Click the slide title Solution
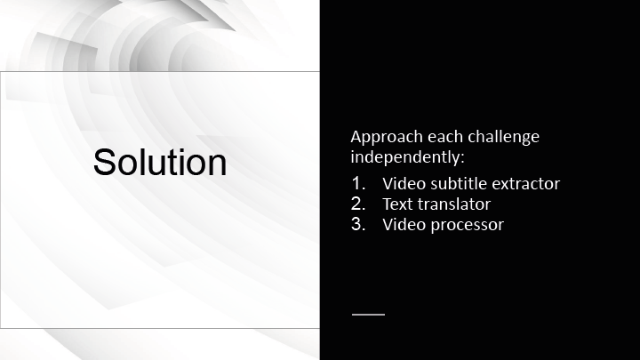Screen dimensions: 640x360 coord(160,162)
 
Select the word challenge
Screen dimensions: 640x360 coord(503,137)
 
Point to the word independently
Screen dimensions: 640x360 coord(405,157)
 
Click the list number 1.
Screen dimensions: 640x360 coord(358,183)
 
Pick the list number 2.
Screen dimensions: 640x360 coord(358,204)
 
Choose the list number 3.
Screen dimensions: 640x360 coord(358,224)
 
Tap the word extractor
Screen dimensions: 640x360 coord(525,184)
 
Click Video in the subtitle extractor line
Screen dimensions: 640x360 coord(404,183)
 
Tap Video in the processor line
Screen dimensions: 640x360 coord(404,224)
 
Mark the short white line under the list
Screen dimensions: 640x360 coord(368,315)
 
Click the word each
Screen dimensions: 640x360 coord(445,137)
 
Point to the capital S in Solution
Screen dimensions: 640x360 coord(105,163)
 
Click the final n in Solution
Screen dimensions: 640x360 coord(218,165)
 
